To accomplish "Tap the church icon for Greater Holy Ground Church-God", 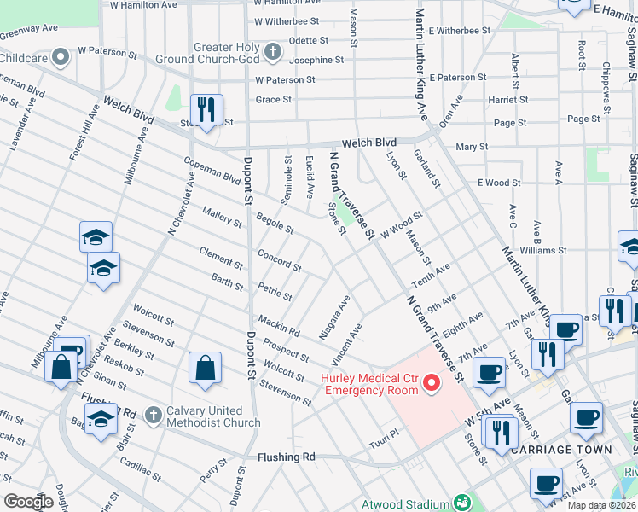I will point(273,53).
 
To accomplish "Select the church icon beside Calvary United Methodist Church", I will point(153,415).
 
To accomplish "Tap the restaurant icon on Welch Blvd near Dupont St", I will point(206,109).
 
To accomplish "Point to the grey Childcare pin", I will point(61,57).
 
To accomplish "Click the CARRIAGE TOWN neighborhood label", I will point(575,449).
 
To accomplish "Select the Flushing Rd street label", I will point(286,457).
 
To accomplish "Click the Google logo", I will point(28,502).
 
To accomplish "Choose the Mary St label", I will point(471,147).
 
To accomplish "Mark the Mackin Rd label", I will point(278,325).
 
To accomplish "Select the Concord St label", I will point(280,262).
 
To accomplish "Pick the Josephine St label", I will point(316,60).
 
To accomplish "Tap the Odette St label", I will point(309,40).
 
